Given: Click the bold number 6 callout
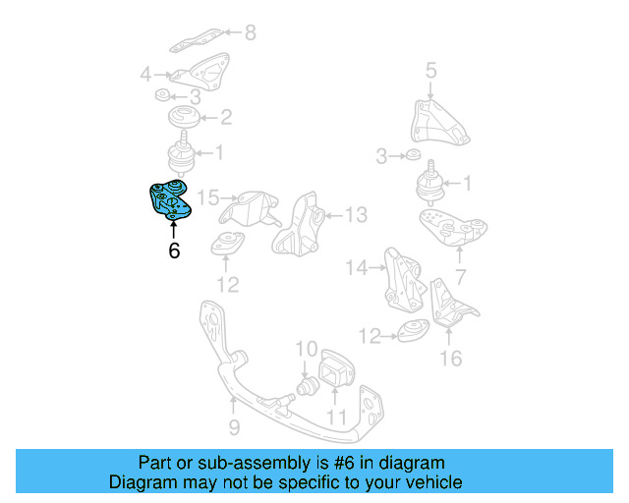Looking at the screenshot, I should pyautogui.click(x=174, y=251).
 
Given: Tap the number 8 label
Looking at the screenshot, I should pyautogui.click(x=250, y=33).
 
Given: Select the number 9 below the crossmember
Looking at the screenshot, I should pyautogui.click(x=234, y=427).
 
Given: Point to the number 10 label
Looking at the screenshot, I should pyautogui.click(x=307, y=349).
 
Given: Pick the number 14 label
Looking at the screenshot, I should pyautogui.click(x=356, y=266).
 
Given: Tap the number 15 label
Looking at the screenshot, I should pyautogui.click(x=206, y=197).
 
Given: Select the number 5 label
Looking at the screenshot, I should pyautogui.click(x=430, y=70).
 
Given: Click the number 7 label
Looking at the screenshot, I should pyautogui.click(x=460, y=277).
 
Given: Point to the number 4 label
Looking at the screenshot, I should pyautogui.click(x=145, y=74).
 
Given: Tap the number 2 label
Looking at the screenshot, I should pyautogui.click(x=226, y=118).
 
